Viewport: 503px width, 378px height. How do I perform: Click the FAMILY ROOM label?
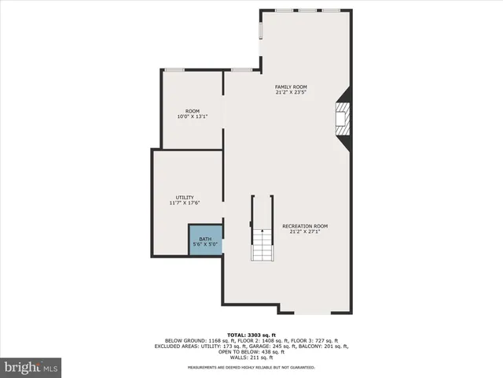pos(290,87)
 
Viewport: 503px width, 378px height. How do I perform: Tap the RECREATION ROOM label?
pos(305,226)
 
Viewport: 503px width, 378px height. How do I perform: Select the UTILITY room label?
pos(184,197)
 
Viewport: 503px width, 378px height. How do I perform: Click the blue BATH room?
pos(205,241)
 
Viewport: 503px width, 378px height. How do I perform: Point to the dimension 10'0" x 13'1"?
pos(192,117)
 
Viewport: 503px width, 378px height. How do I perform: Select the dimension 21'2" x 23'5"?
pos(290,93)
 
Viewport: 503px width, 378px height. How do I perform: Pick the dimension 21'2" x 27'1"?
pos(305,232)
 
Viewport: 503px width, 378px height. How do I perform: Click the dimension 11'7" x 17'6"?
pos(184,203)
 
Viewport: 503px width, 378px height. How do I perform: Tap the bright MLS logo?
pos(31,366)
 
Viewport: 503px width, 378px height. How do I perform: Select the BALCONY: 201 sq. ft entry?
pos(329,346)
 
